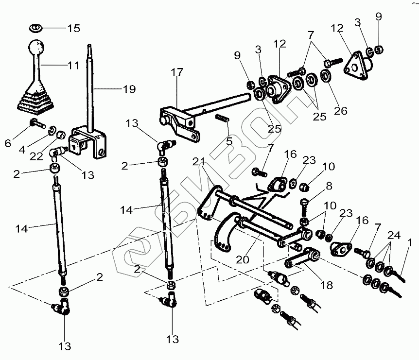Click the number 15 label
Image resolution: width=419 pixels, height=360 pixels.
pos(73,28)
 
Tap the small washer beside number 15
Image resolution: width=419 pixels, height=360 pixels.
pos(35,28)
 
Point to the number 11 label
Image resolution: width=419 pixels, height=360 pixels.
pos(74,65)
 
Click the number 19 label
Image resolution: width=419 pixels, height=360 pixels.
pos(129,89)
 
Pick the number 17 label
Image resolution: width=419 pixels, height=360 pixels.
pos(177,72)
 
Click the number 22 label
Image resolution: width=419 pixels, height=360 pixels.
pos(36,156)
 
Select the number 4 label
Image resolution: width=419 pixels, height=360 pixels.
pos(22,150)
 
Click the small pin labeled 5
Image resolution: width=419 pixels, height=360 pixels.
pos(222,118)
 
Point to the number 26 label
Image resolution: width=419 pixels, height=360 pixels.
pos(340,111)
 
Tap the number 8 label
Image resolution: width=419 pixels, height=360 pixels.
pos(329,186)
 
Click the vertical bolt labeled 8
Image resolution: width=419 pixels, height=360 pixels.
pos(304,208)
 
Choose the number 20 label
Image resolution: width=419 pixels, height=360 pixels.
pos(243,259)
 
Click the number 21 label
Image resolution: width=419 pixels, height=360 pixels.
pos(199,162)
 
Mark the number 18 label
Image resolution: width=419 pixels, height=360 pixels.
pos(327,285)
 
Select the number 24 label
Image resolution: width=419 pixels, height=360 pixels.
pos(394,235)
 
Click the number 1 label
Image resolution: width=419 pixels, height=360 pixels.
pos(409,243)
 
